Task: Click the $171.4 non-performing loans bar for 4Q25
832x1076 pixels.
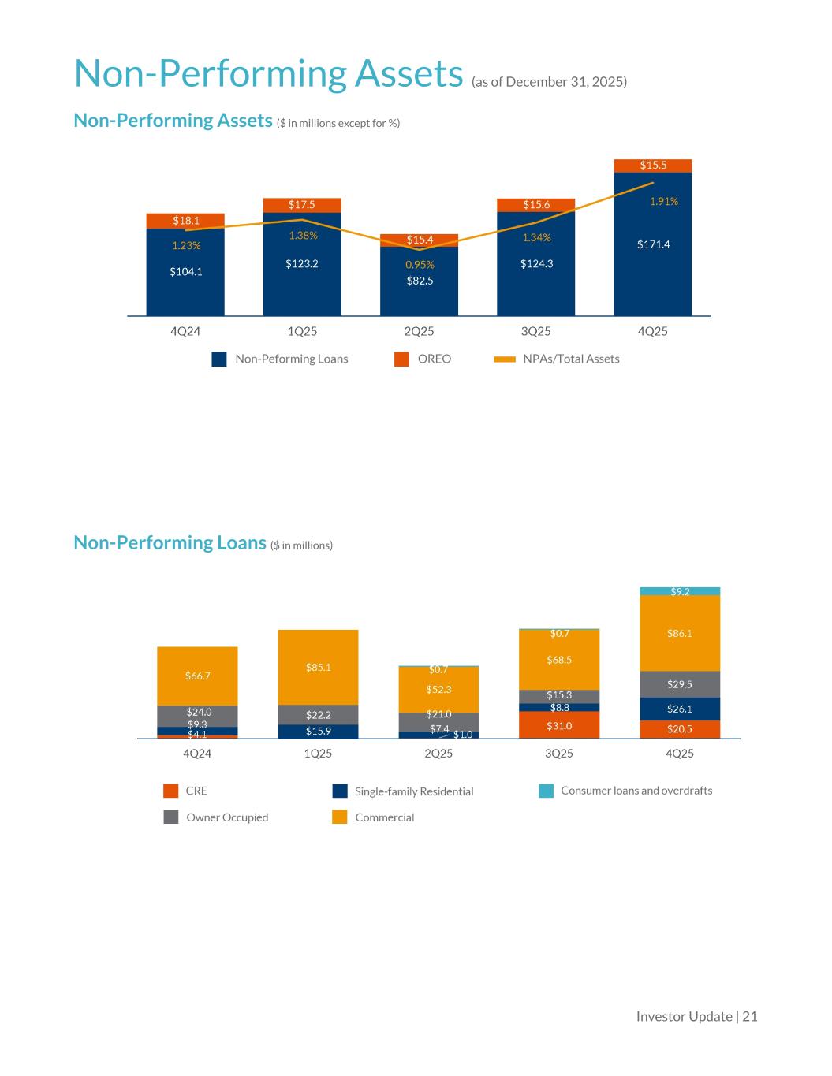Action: pyautogui.click(x=653, y=244)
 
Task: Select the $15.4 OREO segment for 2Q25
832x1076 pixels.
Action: pyautogui.click(x=420, y=240)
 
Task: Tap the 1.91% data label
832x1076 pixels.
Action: pyautogui.click(x=664, y=202)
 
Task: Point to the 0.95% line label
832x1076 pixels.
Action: pyautogui.click(x=420, y=265)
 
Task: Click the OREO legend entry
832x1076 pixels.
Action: pyautogui.click(x=423, y=359)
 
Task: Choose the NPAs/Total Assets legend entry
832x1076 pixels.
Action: pyautogui.click(x=557, y=359)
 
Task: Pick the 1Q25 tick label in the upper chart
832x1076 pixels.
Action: pyautogui.click(x=302, y=331)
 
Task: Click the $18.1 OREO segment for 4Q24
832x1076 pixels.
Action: pyautogui.click(x=186, y=221)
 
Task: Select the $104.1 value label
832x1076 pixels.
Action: pyautogui.click(x=186, y=272)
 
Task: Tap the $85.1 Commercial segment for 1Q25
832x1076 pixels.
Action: pyautogui.click(x=318, y=667)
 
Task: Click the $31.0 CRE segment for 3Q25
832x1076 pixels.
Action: pyautogui.click(x=559, y=725)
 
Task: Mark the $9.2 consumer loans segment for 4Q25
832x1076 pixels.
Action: pyautogui.click(x=680, y=591)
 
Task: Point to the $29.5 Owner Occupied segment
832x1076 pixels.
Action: pyautogui.click(x=680, y=684)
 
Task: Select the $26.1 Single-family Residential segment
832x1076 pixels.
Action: pyautogui.click(x=680, y=709)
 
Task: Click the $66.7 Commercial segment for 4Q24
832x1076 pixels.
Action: pyautogui.click(x=197, y=676)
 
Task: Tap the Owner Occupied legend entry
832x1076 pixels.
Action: pyautogui.click(x=216, y=817)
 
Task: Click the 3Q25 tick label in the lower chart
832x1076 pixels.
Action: pyautogui.click(x=559, y=754)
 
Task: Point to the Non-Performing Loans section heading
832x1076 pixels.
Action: pyautogui.click(x=170, y=543)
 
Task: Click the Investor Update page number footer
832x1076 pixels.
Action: pyautogui.click(x=696, y=1017)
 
